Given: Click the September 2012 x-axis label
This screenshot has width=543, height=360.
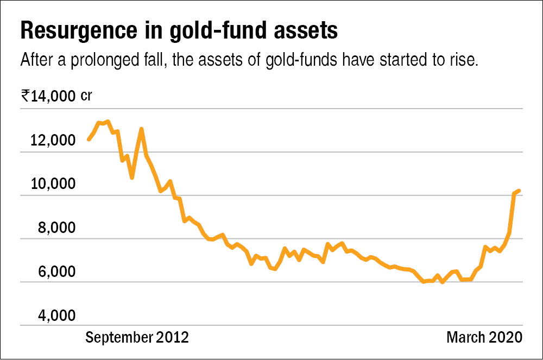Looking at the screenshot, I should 137,337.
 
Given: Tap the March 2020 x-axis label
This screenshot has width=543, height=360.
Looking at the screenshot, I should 484,337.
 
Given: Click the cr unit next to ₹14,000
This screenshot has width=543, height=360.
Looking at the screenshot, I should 86,97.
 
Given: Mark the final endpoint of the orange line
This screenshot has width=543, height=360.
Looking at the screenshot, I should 520,191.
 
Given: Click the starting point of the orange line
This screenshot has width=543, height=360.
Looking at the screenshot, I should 89,140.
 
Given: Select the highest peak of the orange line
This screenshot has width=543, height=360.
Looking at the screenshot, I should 108,121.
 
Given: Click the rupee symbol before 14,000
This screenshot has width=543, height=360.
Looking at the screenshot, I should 25,97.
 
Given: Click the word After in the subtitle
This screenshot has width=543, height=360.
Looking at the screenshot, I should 35,60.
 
